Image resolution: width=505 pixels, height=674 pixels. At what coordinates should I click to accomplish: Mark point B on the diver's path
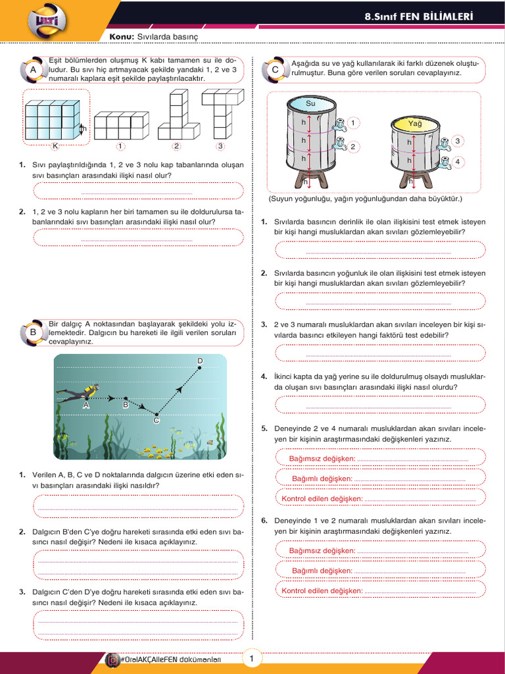(x=126, y=398)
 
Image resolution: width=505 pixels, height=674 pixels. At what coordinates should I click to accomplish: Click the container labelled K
(x=51, y=119)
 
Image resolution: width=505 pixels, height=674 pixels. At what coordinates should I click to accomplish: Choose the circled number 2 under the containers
(x=176, y=146)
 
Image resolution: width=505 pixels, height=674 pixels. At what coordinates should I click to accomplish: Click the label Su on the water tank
(x=311, y=103)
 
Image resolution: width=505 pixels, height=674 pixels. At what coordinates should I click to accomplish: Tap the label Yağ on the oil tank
(x=415, y=123)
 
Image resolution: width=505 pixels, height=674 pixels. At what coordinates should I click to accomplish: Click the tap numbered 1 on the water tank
(x=341, y=123)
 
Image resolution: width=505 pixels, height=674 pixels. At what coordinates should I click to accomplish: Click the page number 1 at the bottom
(x=252, y=658)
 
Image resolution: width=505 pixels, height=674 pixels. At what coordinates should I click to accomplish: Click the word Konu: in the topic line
(x=121, y=38)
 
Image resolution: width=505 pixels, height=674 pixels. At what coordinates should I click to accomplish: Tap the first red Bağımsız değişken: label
(x=322, y=458)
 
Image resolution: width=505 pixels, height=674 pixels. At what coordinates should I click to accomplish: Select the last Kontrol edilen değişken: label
(x=322, y=590)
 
